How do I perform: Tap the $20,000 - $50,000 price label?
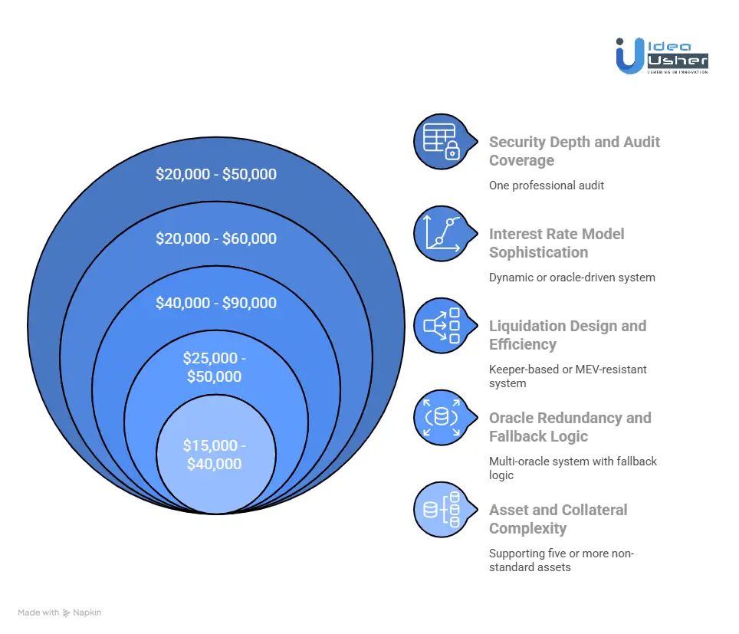(x=216, y=174)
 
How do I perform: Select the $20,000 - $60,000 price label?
(x=216, y=238)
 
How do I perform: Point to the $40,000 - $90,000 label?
(x=216, y=303)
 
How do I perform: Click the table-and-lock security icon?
(x=441, y=142)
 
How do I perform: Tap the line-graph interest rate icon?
(x=441, y=233)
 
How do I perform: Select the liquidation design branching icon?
(x=441, y=326)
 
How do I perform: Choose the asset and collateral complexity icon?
(x=441, y=509)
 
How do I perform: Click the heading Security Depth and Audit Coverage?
(x=574, y=151)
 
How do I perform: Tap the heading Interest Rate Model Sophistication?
(x=557, y=243)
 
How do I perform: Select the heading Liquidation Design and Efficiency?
(x=567, y=335)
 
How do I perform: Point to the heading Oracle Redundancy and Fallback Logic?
(x=570, y=427)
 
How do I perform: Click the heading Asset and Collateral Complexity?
(x=558, y=519)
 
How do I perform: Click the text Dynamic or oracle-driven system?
(x=572, y=278)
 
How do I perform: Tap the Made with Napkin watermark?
(x=60, y=613)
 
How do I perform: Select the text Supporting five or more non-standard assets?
(x=562, y=560)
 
